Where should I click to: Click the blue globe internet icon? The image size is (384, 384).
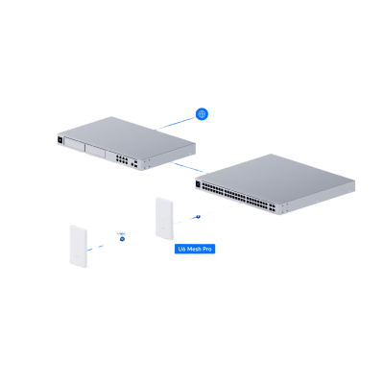201,113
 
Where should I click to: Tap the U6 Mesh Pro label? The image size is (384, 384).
194,249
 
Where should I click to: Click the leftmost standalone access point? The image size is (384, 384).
78,246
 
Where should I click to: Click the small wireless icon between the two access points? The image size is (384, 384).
122,234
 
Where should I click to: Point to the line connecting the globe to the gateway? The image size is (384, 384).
175,122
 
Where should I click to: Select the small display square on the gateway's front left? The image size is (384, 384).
61,143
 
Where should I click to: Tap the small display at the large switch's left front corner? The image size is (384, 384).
197,181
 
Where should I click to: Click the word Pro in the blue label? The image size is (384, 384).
207,249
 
